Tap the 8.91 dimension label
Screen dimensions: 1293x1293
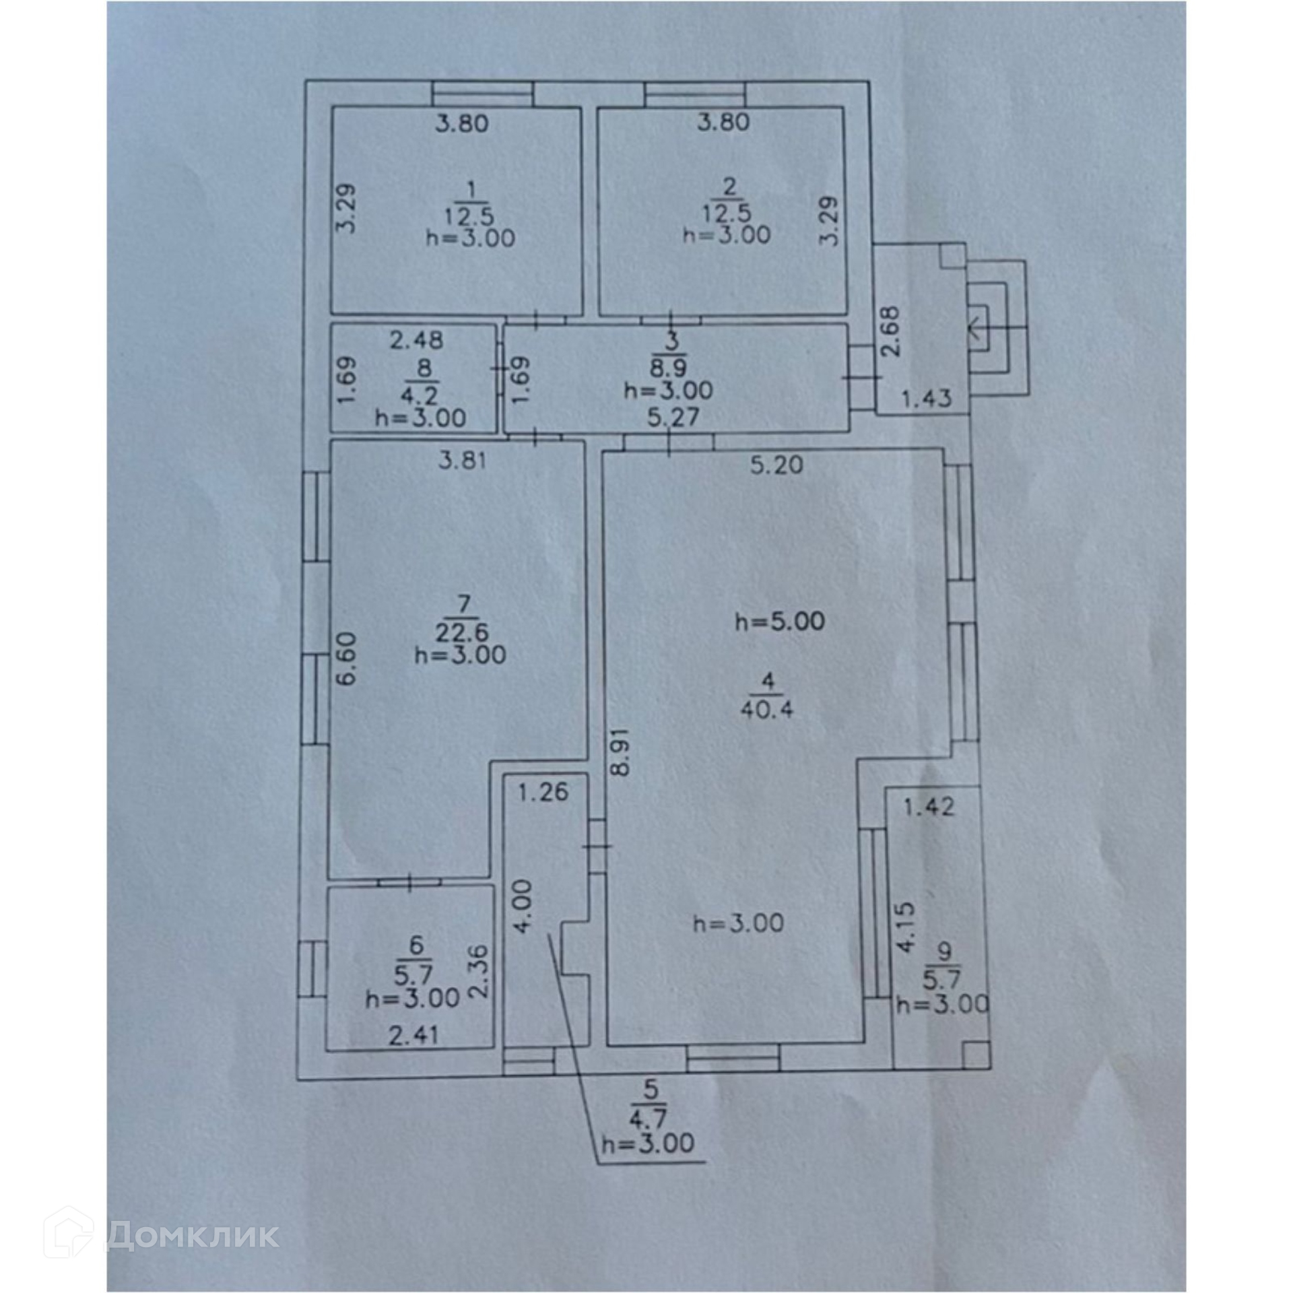[620, 751]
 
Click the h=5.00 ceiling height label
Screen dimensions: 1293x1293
[780, 620]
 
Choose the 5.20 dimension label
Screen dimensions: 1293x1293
[776, 465]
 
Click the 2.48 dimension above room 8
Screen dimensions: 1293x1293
[417, 340]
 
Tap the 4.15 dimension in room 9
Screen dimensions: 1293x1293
[907, 927]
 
